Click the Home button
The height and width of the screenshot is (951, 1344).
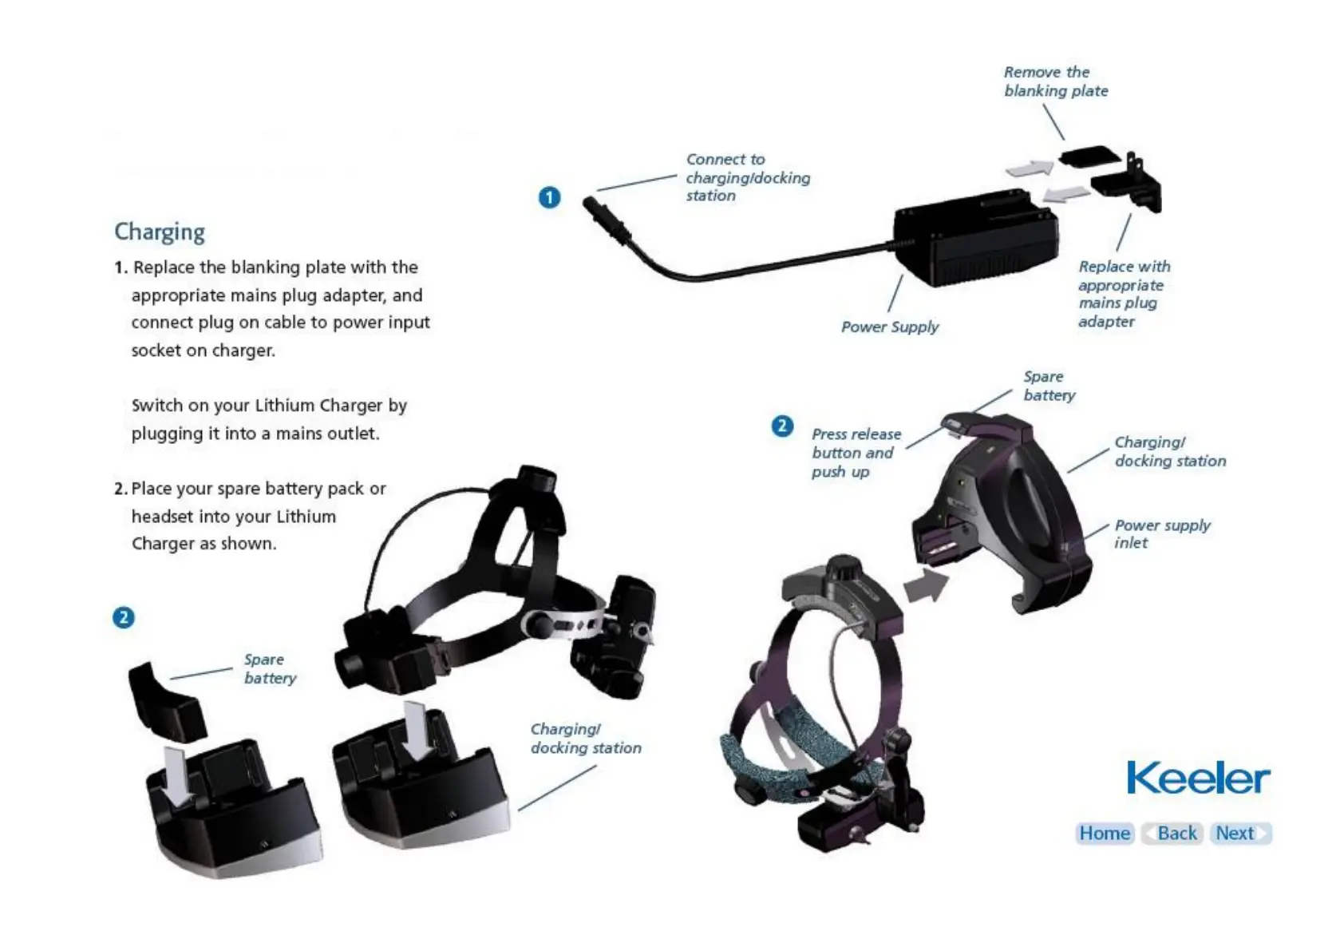[x=1105, y=833]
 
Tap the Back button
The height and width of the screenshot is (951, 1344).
[x=1172, y=833]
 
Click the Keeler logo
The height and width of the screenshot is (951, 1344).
[x=1197, y=778]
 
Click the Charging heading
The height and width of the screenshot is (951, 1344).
[x=160, y=232]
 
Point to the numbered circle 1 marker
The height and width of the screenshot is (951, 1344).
[x=549, y=197]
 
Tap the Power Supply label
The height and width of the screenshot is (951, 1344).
[x=890, y=327]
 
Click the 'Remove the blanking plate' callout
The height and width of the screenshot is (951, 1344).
[x=1055, y=81]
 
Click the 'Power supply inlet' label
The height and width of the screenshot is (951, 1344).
[x=1161, y=533]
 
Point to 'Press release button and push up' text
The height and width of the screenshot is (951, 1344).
[x=855, y=453]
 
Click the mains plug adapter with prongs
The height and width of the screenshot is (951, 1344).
[x=1129, y=182]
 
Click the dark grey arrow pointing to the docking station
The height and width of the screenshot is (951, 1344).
[x=926, y=585]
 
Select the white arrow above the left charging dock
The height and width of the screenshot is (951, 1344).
[x=175, y=775]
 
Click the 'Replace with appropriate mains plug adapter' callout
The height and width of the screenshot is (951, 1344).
[x=1123, y=294]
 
